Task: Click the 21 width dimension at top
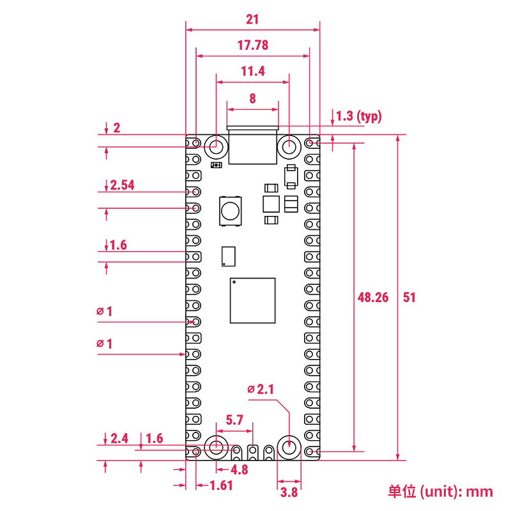pos(252,19)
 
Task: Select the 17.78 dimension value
pos(252,45)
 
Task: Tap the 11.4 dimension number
pos(253,72)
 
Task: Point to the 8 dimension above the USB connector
pos(253,98)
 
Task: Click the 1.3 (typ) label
pos(358,116)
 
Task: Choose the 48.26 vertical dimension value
pos(373,297)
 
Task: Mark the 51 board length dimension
pos(409,297)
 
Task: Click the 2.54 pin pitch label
pos(121,185)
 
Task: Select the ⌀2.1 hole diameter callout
pos(261,389)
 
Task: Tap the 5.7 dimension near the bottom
pos(235,420)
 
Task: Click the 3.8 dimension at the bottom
pos(289,492)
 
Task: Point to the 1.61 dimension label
pos(221,485)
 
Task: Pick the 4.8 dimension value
pos(239,470)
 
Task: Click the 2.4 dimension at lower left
pos(119,438)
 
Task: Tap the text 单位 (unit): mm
pos(441,491)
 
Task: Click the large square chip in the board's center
pos(253,301)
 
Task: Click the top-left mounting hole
pos(217,146)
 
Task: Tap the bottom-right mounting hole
pos(289,447)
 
